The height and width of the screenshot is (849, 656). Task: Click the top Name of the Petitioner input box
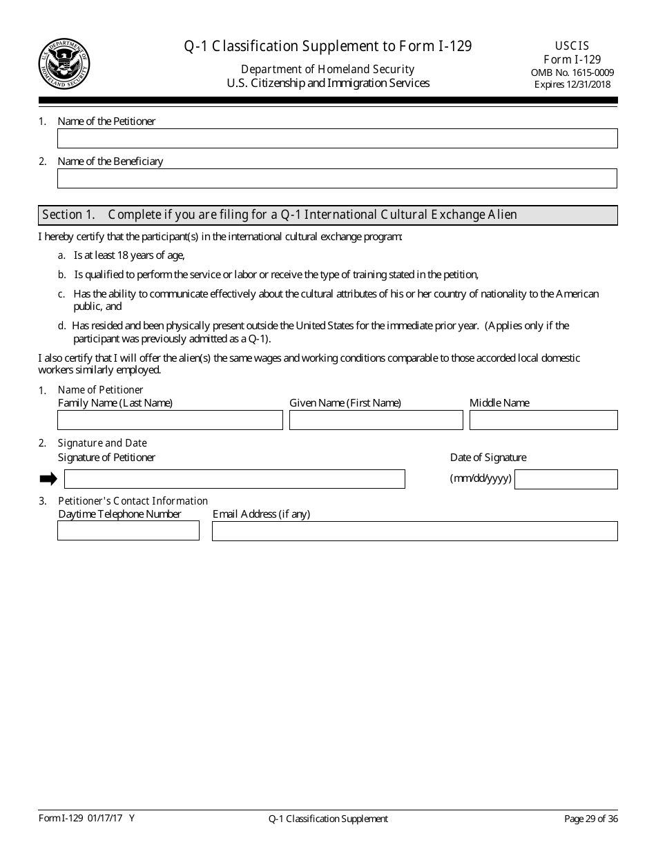click(x=337, y=139)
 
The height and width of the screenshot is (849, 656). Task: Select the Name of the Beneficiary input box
click(x=337, y=179)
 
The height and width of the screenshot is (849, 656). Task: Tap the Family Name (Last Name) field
click(x=170, y=420)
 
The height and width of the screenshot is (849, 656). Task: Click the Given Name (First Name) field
click(x=376, y=420)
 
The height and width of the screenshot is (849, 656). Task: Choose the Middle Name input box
click(x=543, y=420)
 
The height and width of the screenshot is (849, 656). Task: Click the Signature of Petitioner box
click(x=234, y=479)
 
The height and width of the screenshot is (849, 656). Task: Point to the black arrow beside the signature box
click(x=48, y=479)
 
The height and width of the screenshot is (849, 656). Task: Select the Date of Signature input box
click(x=566, y=479)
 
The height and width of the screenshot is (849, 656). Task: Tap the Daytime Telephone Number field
click(x=128, y=531)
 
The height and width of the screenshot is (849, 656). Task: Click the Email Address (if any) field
click(x=414, y=531)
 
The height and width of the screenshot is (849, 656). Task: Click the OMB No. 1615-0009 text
click(x=572, y=72)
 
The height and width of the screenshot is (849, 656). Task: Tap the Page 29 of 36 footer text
click(x=591, y=819)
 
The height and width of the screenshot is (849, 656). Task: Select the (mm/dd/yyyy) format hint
click(x=481, y=478)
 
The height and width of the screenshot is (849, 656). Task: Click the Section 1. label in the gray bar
click(x=68, y=215)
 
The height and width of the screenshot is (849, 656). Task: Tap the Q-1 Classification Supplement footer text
click(x=328, y=819)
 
